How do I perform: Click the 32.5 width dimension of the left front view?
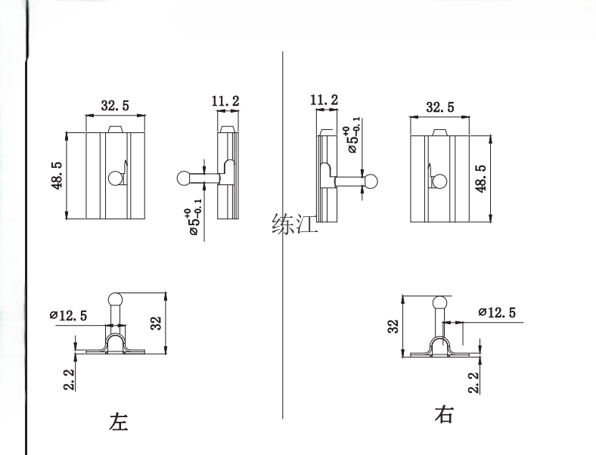pyautogui.click(x=113, y=105)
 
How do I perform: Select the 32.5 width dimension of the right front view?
pyautogui.click(x=439, y=107)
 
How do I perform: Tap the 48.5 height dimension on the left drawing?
pyautogui.click(x=57, y=175)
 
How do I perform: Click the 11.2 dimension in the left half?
pyautogui.click(x=225, y=100)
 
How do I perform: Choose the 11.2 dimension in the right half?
pyautogui.click(x=324, y=100)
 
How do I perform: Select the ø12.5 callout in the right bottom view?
pyautogui.click(x=498, y=313)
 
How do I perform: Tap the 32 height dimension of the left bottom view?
pyautogui.click(x=156, y=323)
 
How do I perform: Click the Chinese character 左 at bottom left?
pyautogui.click(x=120, y=420)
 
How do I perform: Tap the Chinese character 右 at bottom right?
pyautogui.click(x=444, y=414)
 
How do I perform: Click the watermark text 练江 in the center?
pyautogui.click(x=295, y=224)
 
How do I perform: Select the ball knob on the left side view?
pyautogui.click(x=183, y=178)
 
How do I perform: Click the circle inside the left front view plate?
pyautogui.click(x=116, y=178)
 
